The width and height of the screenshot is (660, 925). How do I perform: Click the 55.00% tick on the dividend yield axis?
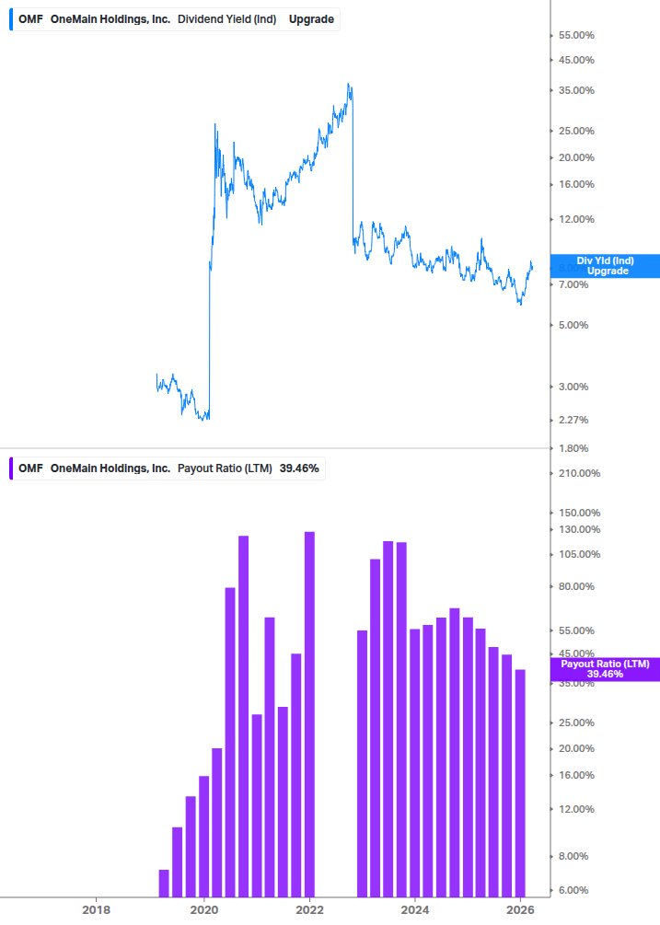576,35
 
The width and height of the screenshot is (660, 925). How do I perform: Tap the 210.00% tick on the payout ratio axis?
578,473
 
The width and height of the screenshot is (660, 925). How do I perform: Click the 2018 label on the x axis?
96,909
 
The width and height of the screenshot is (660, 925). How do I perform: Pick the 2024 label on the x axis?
415,909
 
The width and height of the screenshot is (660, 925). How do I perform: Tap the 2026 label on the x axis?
521,909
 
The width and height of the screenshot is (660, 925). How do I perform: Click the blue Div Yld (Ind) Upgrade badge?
605,266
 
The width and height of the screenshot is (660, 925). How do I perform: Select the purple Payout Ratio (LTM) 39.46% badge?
605,668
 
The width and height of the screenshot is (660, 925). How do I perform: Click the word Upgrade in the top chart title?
311,18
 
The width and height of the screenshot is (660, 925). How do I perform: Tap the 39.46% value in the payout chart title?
299,468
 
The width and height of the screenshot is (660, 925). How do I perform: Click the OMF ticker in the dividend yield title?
30,18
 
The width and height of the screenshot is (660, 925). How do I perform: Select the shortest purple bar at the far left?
164,883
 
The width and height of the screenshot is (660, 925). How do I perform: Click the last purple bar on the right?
520,782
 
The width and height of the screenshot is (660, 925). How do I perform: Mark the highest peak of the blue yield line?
348,85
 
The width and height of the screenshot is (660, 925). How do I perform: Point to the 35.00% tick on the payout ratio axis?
576,683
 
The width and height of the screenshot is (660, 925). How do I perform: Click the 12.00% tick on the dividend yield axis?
576,219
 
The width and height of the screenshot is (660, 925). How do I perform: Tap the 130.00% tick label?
578,529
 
